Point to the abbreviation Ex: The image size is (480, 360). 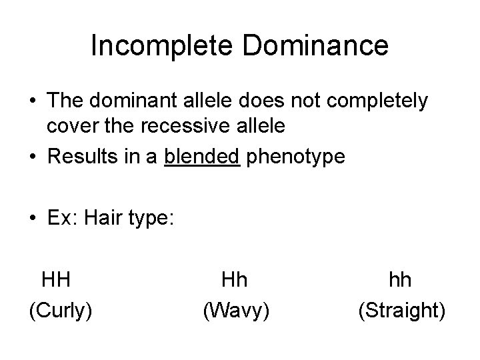tap(61, 219)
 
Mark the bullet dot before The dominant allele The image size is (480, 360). tap(32, 101)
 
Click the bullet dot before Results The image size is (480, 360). tap(32, 157)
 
